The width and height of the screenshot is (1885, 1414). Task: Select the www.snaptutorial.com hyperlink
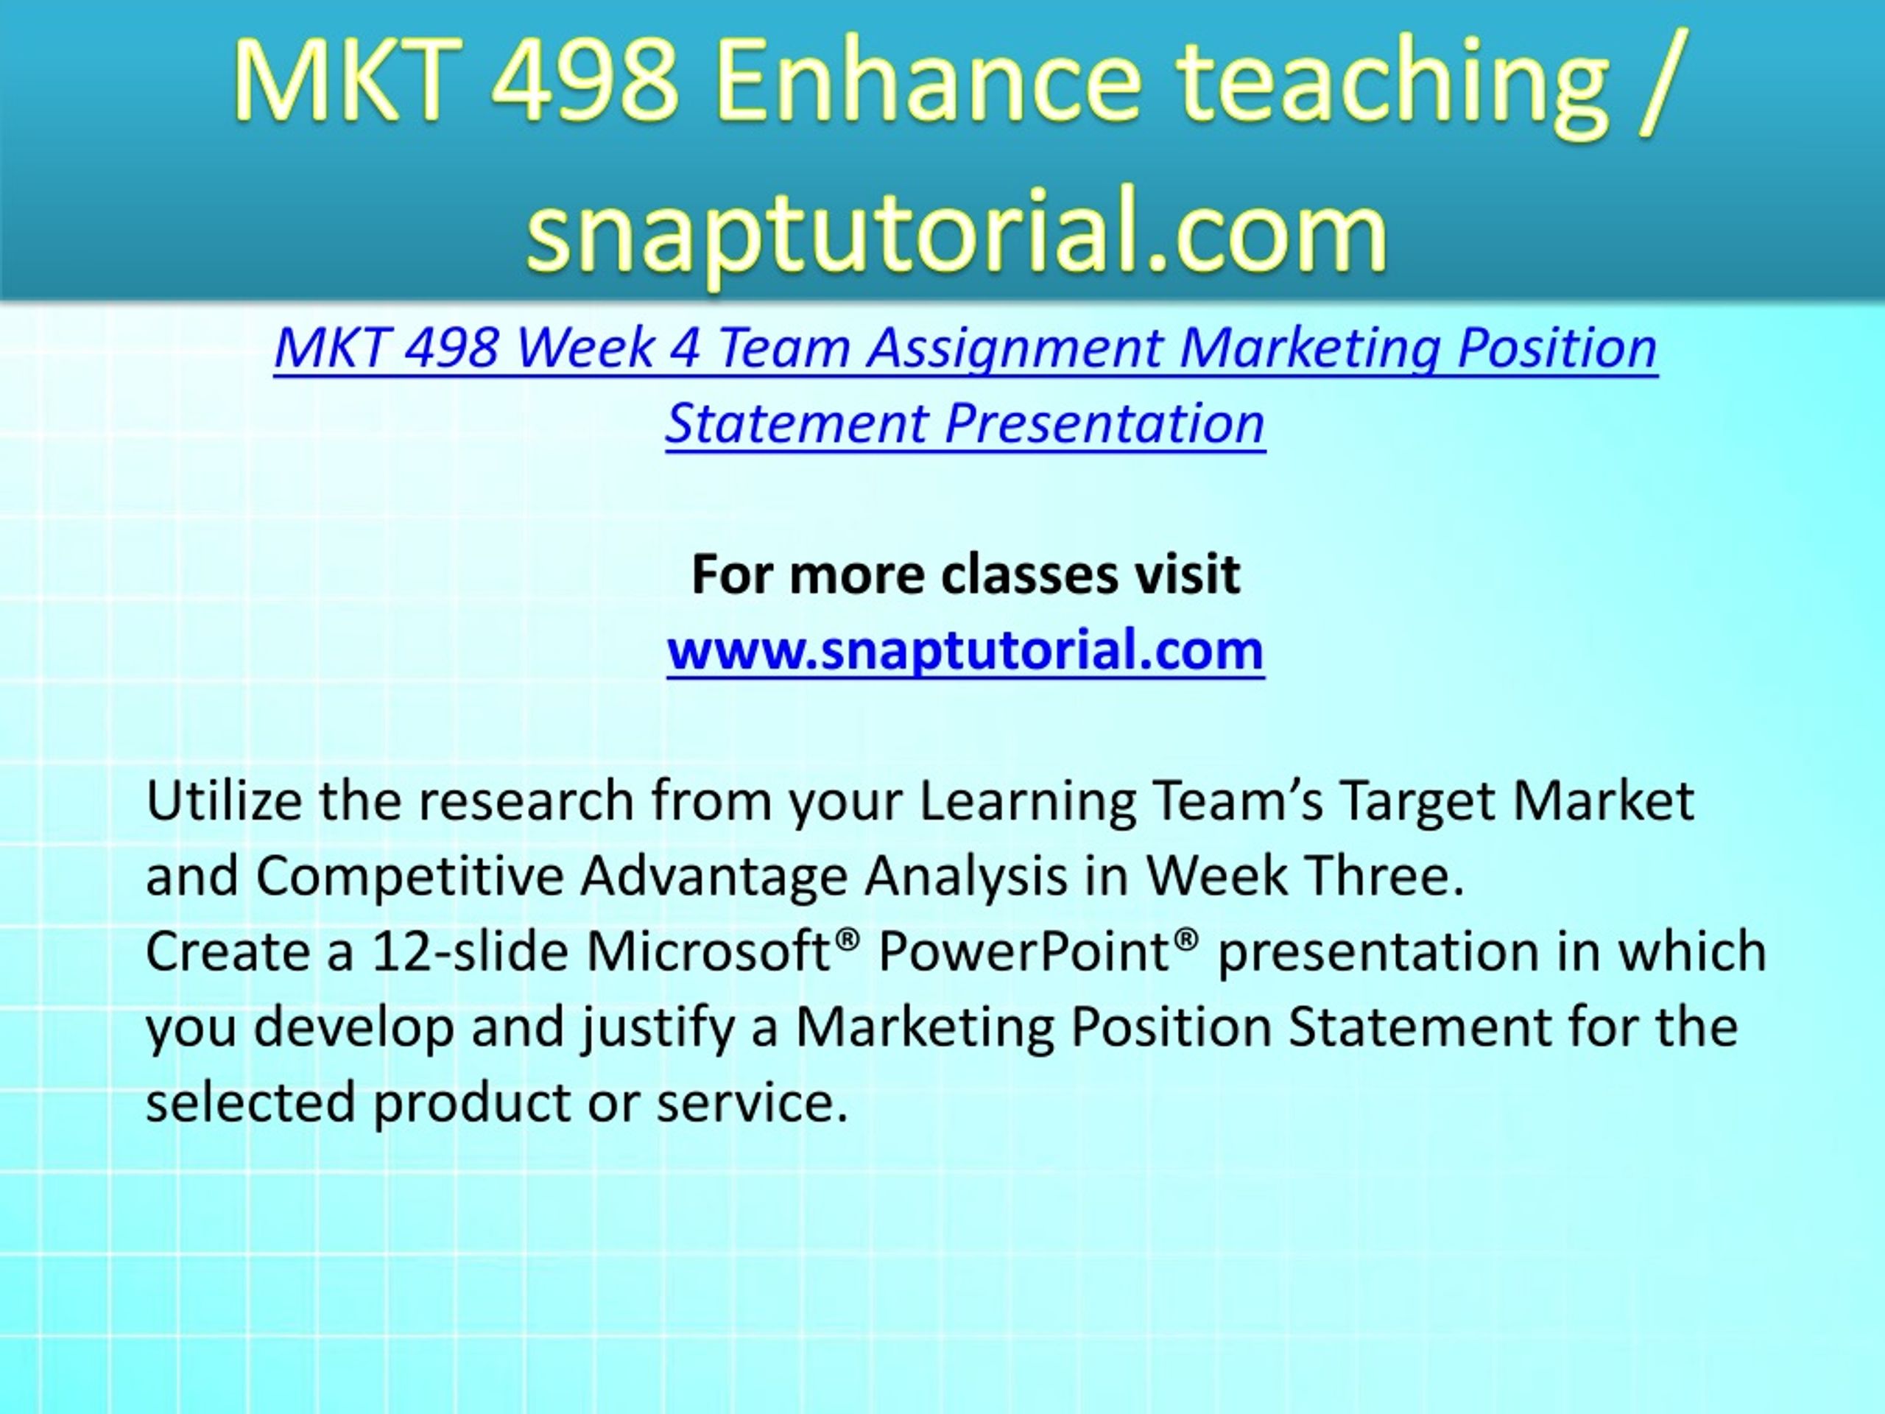[965, 650]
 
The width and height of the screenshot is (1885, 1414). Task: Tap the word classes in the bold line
[1029, 574]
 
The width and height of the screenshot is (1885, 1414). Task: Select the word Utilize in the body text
[224, 801]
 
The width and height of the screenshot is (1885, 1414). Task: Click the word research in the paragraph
[526, 801]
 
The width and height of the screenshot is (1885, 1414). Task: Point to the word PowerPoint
[1023, 952]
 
